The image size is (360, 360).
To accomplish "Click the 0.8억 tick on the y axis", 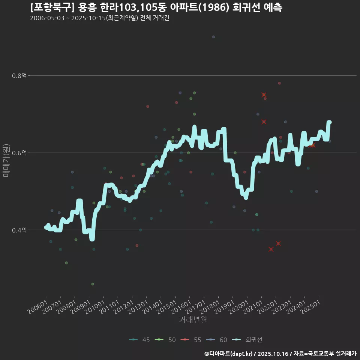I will tap(19, 76).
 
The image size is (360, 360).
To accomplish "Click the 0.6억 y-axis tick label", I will tap(19, 153).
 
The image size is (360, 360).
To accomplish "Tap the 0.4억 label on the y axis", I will tap(19, 230).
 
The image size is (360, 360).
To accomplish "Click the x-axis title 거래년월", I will tap(193, 320).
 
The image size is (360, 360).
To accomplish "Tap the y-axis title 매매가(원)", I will tap(6, 160).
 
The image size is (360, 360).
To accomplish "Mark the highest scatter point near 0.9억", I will tap(213, 37).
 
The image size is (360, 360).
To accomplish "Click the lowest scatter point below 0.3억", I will tap(93, 284).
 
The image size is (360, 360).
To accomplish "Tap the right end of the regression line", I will tap(329, 122).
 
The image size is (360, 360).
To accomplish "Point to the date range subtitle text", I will tap(99, 18).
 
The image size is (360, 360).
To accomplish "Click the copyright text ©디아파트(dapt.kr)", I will tap(229, 354).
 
